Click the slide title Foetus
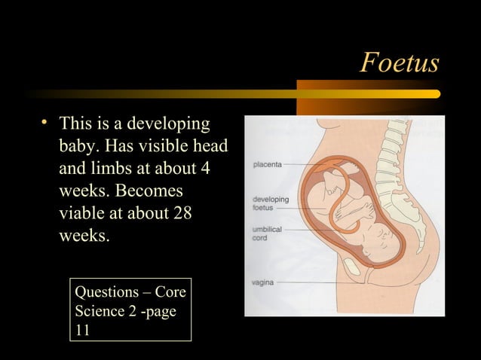[399, 63]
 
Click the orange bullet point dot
[45, 122]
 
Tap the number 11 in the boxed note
[82, 329]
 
